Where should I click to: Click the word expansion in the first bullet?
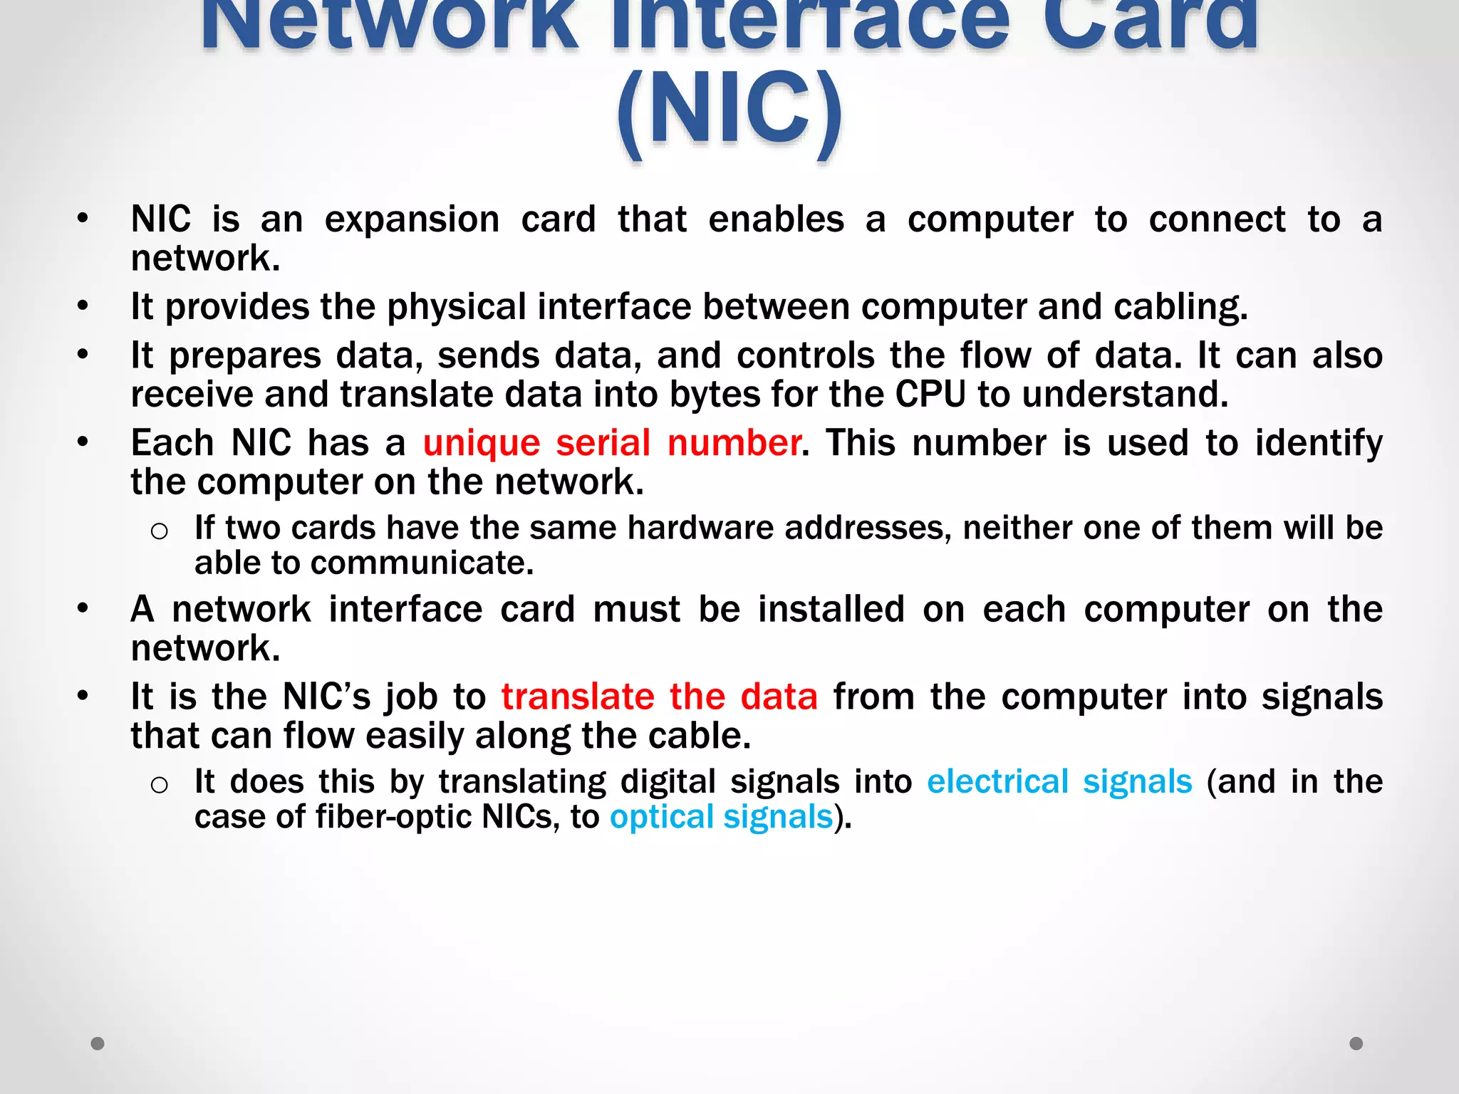click(x=412, y=219)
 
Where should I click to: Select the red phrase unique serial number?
click(x=612, y=443)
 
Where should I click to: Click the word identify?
click(x=1319, y=443)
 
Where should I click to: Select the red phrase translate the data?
click(x=659, y=697)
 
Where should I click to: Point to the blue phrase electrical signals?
click(x=1059, y=781)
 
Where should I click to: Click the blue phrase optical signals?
click(x=721, y=816)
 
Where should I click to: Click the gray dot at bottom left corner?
click(x=98, y=1043)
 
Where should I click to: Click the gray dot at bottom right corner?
click(x=1356, y=1043)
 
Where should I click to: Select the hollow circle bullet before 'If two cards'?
click(x=160, y=531)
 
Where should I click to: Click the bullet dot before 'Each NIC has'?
click(x=83, y=442)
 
